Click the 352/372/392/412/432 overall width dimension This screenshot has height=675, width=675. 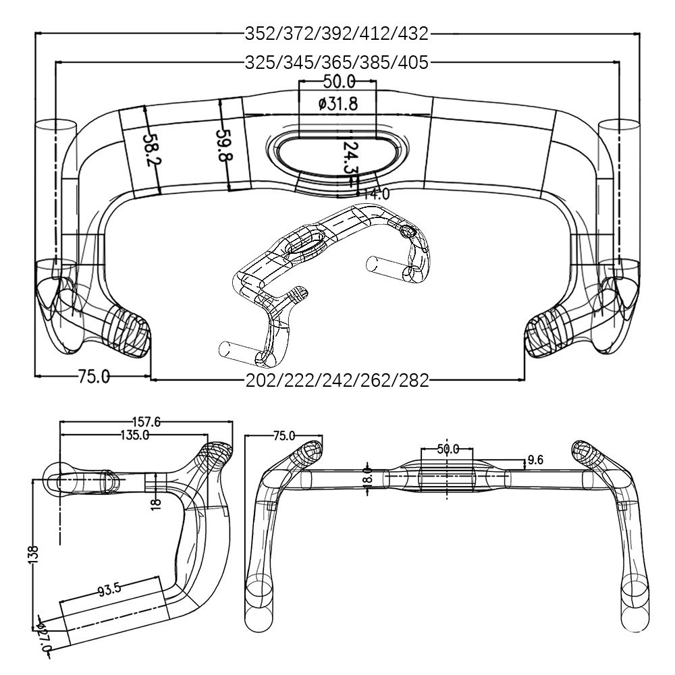tap(337, 34)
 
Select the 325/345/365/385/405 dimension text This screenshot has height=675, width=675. tap(337, 63)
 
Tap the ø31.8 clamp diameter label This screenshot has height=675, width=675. tap(338, 104)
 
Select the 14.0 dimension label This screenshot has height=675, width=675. tap(375, 194)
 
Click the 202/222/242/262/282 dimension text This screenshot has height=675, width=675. tap(337, 381)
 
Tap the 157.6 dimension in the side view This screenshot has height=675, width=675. tap(146, 423)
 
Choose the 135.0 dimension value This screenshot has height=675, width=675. tap(135, 435)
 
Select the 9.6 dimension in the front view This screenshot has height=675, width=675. tap(535, 460)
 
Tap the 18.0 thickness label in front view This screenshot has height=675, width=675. tap(367, 479)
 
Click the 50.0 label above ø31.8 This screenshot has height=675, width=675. tap(339, 82)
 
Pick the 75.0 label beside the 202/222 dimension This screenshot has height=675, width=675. tap(93, 377)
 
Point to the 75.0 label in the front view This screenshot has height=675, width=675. tap(283, 436)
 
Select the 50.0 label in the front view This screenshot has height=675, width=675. tap(448, 449)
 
